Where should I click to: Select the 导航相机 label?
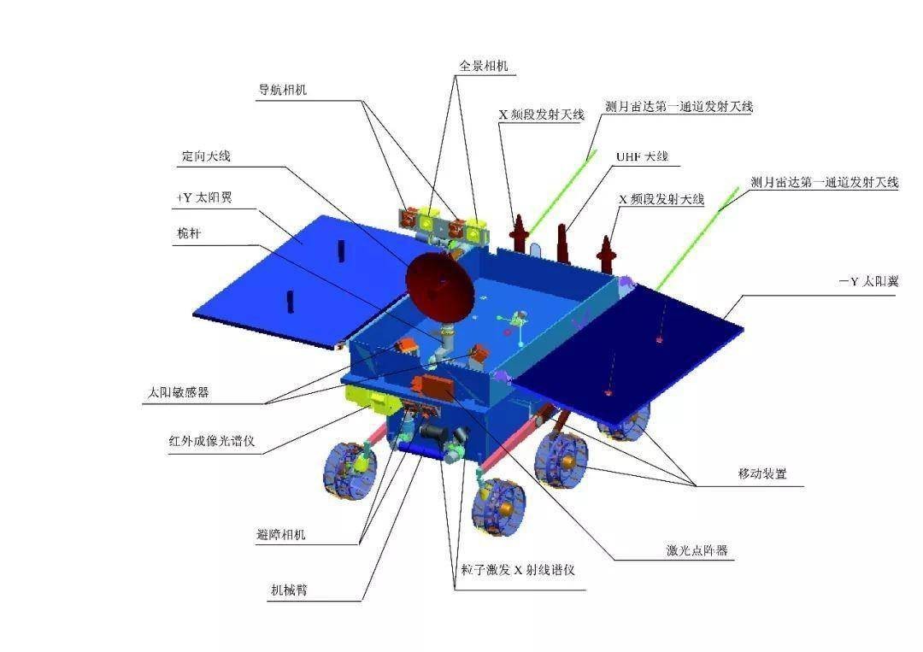coord(283,90)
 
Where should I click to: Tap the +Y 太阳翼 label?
coord(203,197)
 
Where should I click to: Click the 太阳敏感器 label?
coord(178,393)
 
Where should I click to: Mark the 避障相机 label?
coord(280,536)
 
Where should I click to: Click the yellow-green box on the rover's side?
coord(366,397)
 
